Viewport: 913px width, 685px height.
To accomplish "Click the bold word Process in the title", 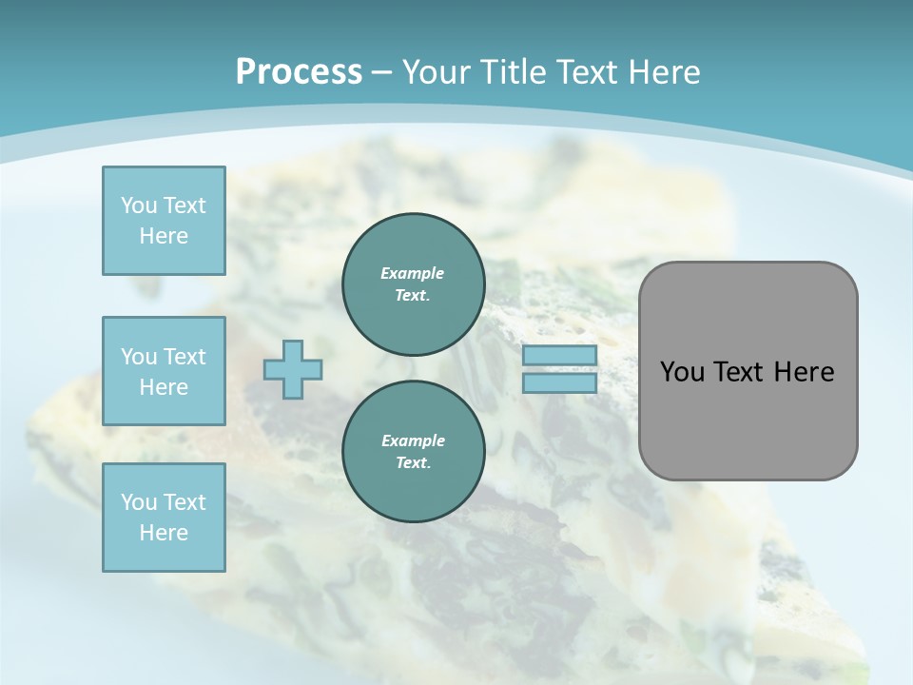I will [x=299, y=72].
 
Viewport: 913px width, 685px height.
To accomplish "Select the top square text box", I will [x=164, y=221].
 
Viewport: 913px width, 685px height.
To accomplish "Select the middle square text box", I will [x=164, y=371].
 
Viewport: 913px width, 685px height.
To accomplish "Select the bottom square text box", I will [x=164, y=518].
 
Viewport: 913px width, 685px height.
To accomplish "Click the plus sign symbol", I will [x=293, y=369].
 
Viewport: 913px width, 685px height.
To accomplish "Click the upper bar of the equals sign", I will [x=559, y=355].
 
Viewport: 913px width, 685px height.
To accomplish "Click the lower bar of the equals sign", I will [x=559, y=383].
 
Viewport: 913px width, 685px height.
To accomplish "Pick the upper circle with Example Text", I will [x=413, y=284].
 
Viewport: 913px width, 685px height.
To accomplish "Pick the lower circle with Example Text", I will [x=413, y=451].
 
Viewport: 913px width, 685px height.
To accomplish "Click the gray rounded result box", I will [x=748, y=419].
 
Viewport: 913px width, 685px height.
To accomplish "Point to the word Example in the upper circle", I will [x=413, y=273].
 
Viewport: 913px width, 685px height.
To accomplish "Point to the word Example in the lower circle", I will [x=413, y=440].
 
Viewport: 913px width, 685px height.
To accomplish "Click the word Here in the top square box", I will [x=164, y=236].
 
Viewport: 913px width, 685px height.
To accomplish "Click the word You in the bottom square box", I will [x=139, y=502].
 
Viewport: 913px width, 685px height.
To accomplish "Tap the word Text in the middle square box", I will [x=185, y=357].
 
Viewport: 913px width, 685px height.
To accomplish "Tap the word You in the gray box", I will [x=682, y=372].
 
